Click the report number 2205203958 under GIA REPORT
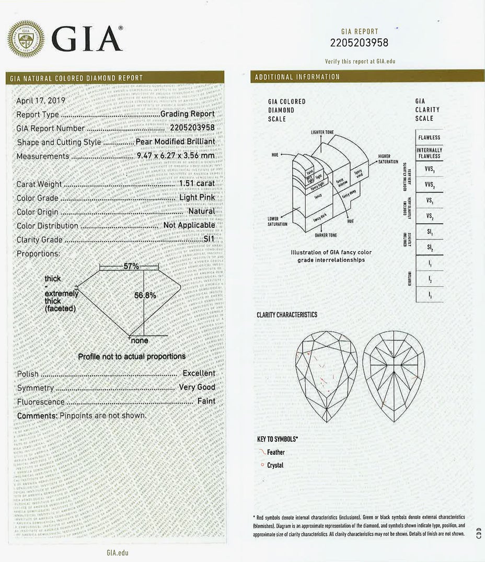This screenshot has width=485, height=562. click(x=360, y=43)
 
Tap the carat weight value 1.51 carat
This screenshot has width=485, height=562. click(x=197, y=184)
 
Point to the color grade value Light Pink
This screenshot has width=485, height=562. click(x=197, y=198)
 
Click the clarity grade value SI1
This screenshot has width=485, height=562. click(x=209, y=239)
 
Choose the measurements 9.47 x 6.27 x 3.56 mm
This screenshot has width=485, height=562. click(x=176, y=156)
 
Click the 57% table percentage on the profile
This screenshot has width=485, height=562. click(x=131, y=266)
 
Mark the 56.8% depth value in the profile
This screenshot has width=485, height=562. click(x=145, y=295)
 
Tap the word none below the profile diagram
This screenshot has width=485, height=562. click(x=139, y=341)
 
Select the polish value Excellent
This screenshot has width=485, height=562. click(x=199, y=373)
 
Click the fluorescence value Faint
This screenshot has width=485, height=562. click(x=206, y=402)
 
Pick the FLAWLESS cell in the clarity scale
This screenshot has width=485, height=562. click(x=429, y=137)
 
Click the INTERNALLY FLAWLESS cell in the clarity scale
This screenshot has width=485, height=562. click(x=429, y=153)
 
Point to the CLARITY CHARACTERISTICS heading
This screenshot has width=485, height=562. click(x=287, y=315)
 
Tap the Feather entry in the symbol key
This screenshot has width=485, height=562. click(x=275, y=452)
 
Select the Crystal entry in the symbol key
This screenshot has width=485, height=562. click(x=275, y=465)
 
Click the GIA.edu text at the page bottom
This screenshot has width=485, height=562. click(x=117, y=552)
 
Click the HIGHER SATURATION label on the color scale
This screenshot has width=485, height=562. click(x=388, y=159)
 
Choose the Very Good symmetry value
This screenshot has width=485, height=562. click(x=197, y=387)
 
